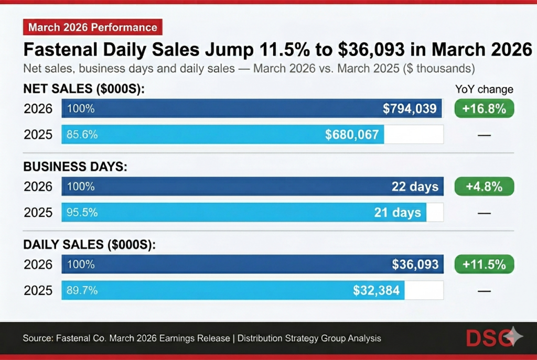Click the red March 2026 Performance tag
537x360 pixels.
coord(93,27)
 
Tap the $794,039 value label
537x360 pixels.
coord(409,109)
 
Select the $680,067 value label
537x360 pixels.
coord(351,135)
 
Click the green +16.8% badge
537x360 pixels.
coord(484,109)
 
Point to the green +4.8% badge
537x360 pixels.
coord(484,187)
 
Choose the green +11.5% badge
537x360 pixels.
coord(484,264)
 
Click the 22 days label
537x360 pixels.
coord(415,187)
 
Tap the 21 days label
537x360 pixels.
coord(398,212)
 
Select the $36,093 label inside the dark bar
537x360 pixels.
coord(415,264)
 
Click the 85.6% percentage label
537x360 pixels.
coord(82,135)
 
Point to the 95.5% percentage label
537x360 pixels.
coord(82,212)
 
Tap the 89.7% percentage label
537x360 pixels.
coord(82,290)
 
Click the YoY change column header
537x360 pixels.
coord(484,89)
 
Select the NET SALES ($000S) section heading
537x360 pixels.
coord(84,90)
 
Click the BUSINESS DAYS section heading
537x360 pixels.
coord(76,167)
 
